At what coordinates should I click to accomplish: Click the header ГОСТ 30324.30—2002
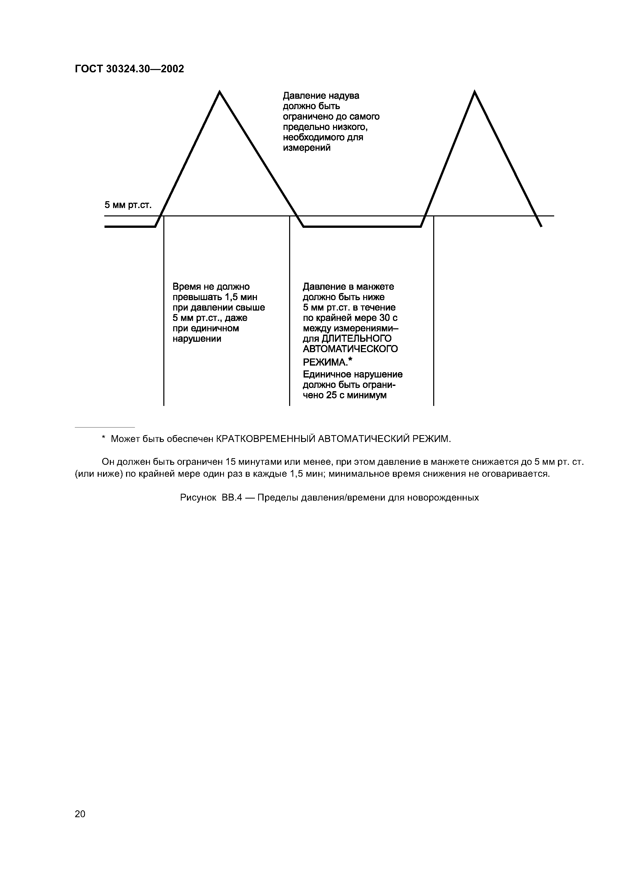(x=129, y=69)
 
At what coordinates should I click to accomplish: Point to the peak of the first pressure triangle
(x=219, y=92)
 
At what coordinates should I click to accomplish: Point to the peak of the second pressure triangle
(x=474, y=92)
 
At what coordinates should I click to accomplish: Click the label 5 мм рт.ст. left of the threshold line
(x=128, y=205)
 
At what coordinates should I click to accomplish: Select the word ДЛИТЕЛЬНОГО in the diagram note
(x=357, y=339)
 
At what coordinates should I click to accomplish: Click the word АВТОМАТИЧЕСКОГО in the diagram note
(x=350, y=349)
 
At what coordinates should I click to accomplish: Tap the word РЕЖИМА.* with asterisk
(x=327, y=362)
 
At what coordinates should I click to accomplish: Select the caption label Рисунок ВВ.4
(x=211, y=498)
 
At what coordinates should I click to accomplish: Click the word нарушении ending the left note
(x=197, y=339)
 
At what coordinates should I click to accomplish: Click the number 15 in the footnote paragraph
(x=231, y=462)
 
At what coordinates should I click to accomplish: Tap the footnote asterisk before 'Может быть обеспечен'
(x=103, y=438)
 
